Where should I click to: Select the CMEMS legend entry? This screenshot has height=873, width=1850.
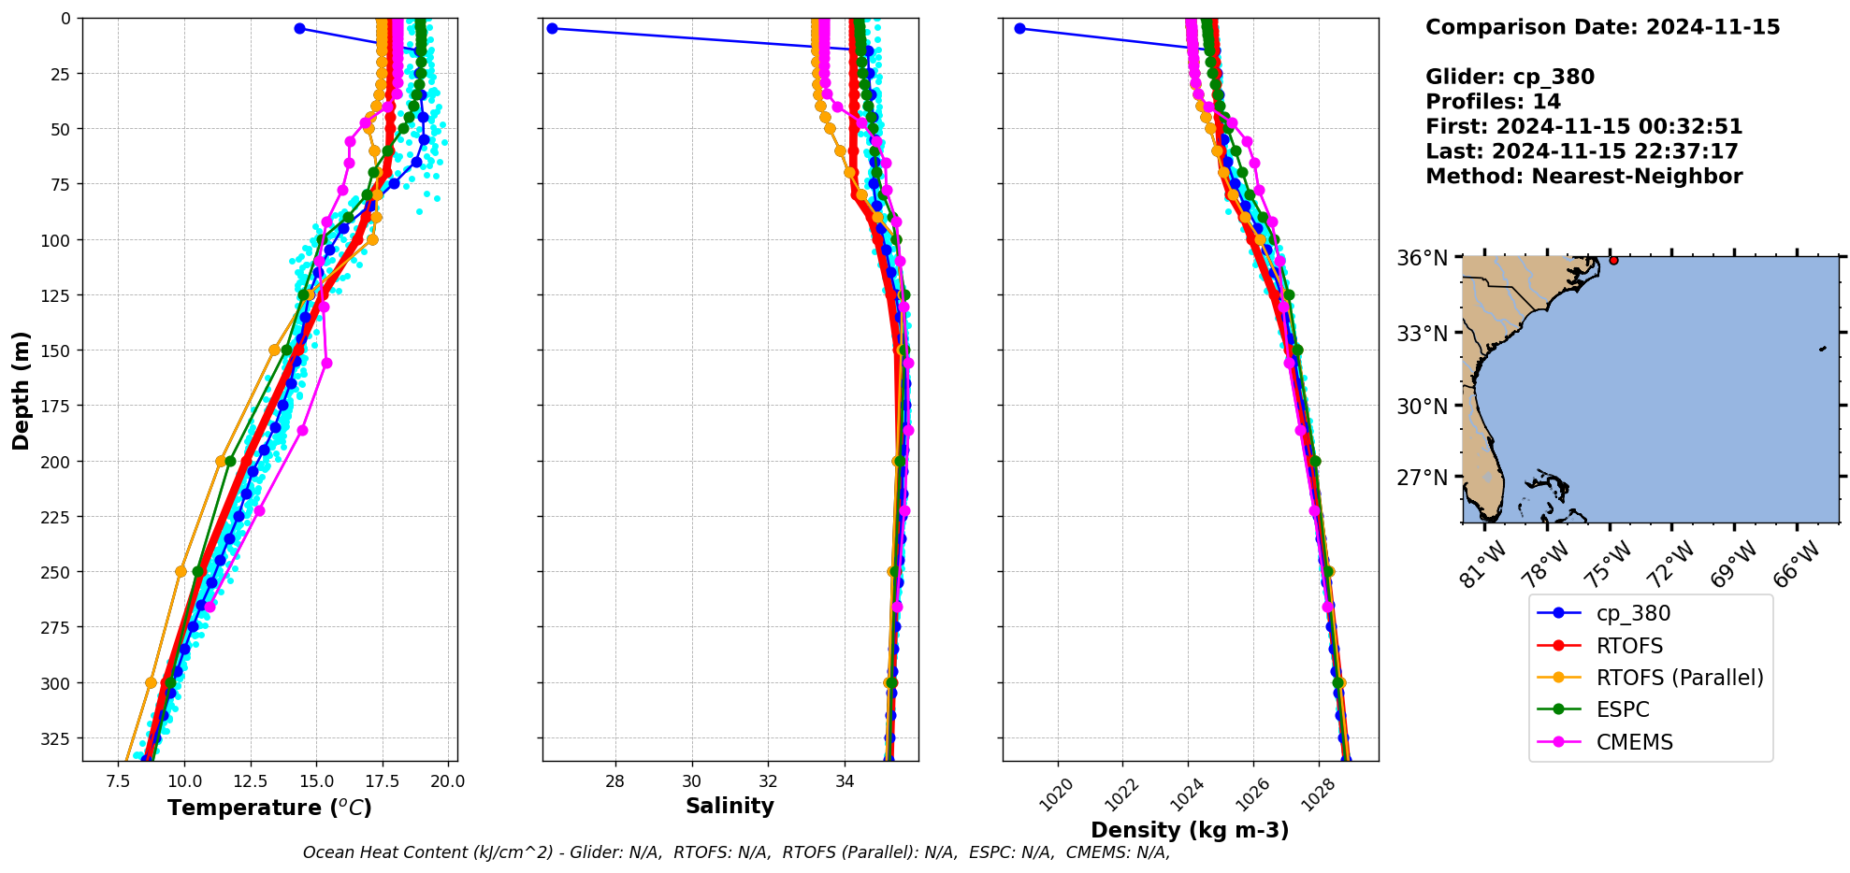1634,742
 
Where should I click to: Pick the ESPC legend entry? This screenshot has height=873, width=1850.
1623,709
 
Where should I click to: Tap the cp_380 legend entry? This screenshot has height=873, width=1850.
1633,613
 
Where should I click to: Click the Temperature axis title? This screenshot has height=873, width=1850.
269,808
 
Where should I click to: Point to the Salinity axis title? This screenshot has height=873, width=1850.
730,806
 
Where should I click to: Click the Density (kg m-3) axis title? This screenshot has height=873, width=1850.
1190,830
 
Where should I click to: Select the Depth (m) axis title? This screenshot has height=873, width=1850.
21,390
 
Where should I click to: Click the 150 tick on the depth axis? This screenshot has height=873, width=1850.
58,351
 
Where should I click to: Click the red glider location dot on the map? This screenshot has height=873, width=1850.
1613,260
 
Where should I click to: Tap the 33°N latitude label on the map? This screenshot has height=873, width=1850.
1422,334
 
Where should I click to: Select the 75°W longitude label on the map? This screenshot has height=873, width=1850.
1609,563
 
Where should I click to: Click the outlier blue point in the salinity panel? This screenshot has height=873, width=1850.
552,28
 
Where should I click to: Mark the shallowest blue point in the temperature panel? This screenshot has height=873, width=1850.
299,28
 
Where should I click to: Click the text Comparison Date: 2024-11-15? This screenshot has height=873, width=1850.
1602,27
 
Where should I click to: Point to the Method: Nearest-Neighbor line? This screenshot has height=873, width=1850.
1583,177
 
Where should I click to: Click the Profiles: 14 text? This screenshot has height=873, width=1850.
1493,102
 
